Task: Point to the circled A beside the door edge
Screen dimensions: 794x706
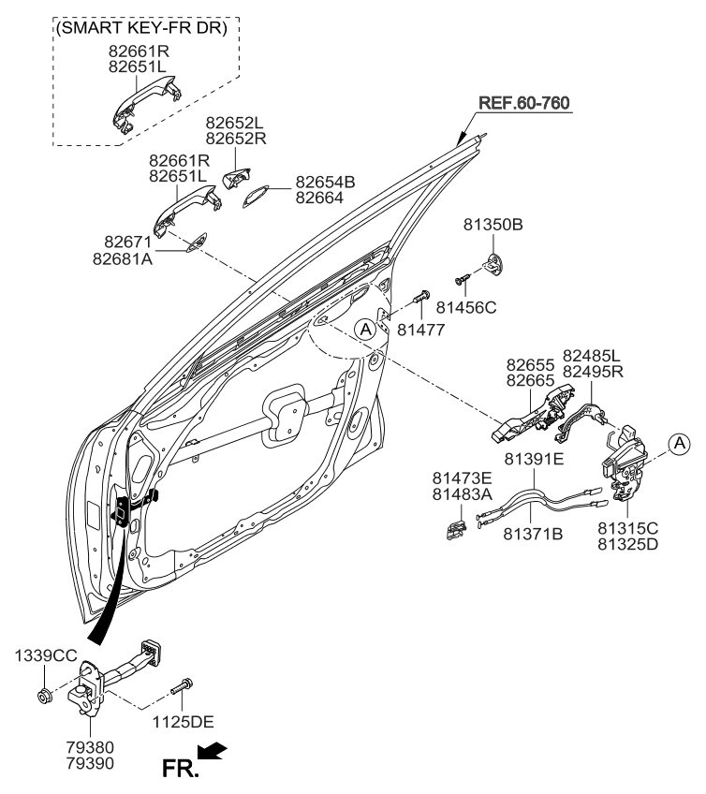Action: (366, 329)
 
